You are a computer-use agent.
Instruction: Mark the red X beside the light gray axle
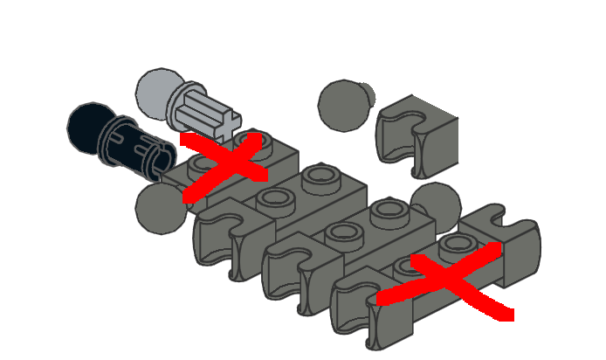[x=224, y=166]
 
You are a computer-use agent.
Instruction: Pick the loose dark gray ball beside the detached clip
[x=342, y=104]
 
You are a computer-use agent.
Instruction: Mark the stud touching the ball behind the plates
[x=388, y=209]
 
